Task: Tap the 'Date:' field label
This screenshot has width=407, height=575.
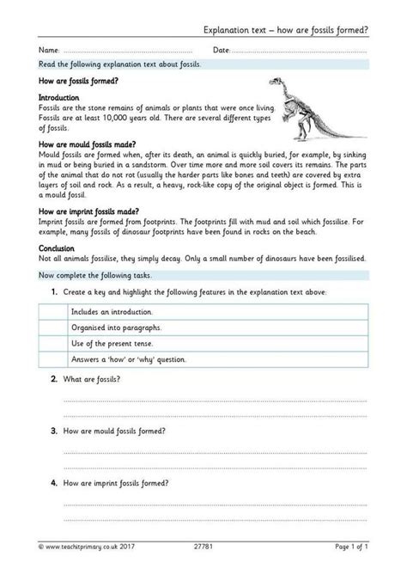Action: pos(222,51)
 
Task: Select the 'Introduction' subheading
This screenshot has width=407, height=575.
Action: pos(58,99)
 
